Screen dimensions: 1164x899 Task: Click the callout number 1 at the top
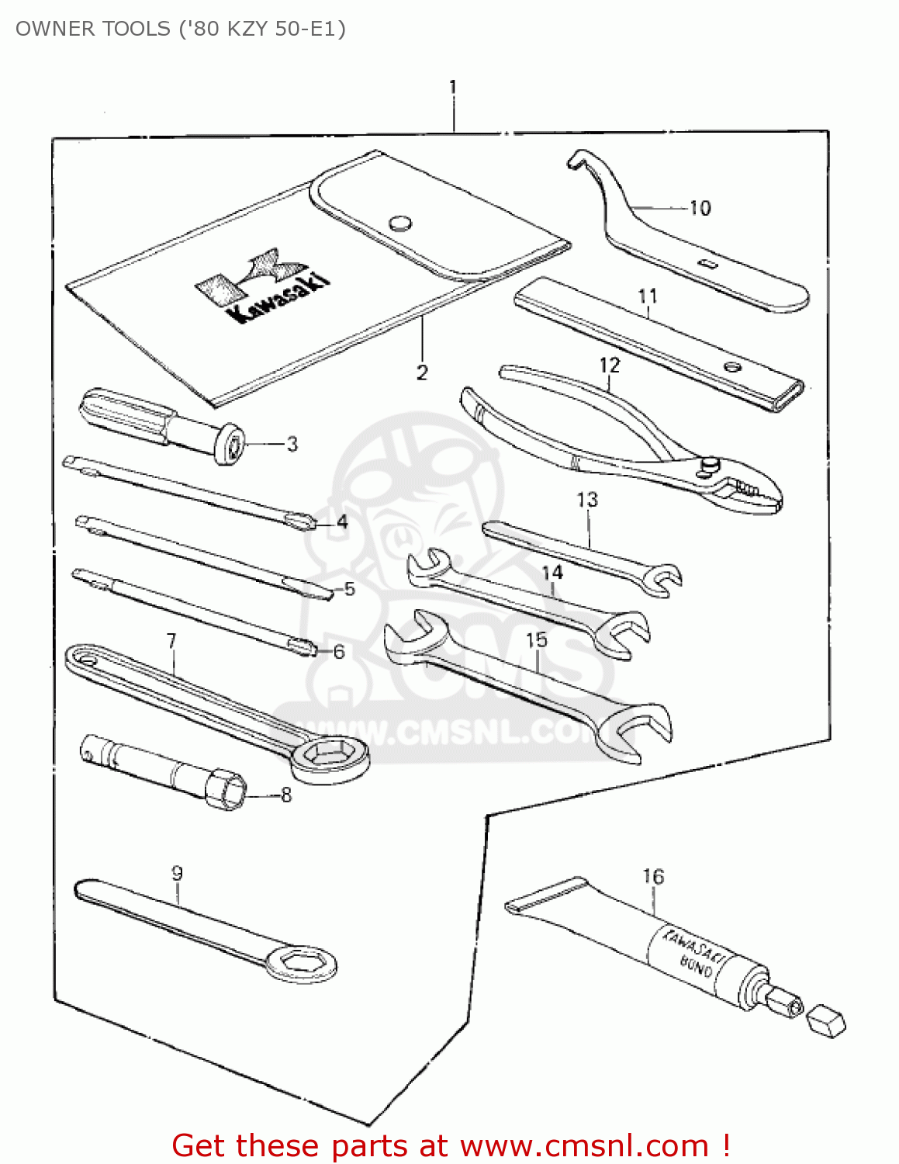tap(452, 87)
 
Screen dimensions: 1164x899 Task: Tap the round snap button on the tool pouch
tap(400, 223)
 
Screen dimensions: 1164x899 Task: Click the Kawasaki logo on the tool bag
tap(262, 286)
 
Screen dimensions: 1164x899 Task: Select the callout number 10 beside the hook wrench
tap(700, 208)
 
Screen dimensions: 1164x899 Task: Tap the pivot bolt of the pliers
tap(710, 463)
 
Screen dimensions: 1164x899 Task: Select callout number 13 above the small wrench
tap(587, 500)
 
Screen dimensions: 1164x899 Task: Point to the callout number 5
tap(350, 589)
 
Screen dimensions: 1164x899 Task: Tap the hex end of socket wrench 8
tap(226, 790)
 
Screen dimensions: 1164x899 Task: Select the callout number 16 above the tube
tap(653, 876)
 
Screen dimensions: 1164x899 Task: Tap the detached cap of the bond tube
tap(826, 1020)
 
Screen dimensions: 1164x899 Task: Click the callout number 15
tap(536, 639)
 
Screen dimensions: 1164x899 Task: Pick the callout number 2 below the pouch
tap(422, 372)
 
